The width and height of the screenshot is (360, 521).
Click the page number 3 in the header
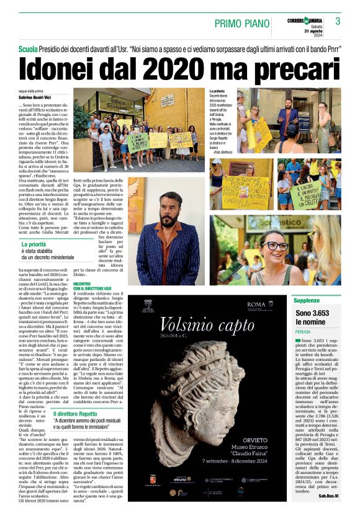338,22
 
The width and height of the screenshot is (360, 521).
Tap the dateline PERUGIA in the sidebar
305,332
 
